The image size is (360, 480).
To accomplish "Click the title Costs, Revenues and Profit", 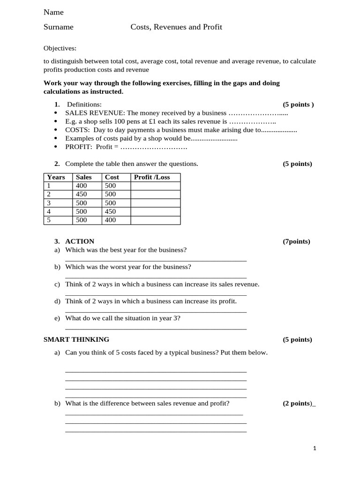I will (x=176, y=27).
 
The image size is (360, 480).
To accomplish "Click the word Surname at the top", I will (x=59, y=27).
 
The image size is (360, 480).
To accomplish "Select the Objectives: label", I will (x=60, y=48).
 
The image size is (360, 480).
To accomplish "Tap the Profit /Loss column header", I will (x=152, y=177).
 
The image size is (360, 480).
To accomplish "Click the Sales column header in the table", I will (x=84, y=177).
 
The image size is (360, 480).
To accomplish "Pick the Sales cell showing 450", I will (x=82, y=194).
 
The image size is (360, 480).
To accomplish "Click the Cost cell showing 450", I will (x=110, y=211).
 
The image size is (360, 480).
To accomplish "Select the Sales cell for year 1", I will (x=82, y=186).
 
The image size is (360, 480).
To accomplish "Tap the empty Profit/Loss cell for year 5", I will (x=155, y=220).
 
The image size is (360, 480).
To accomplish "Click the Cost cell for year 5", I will (x=110, y=220).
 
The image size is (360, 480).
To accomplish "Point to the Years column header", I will (x=56, y=177).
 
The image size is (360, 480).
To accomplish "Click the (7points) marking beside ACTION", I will (x=296, y=242).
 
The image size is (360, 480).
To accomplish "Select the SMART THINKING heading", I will (x=76, y=339).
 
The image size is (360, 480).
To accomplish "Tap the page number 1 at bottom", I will (x=315, y=449).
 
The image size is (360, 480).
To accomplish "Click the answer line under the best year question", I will (x=156, y=260).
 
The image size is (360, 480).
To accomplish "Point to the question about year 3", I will (x=123, y=318).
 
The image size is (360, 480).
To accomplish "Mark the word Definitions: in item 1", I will (x=84, y=105).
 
